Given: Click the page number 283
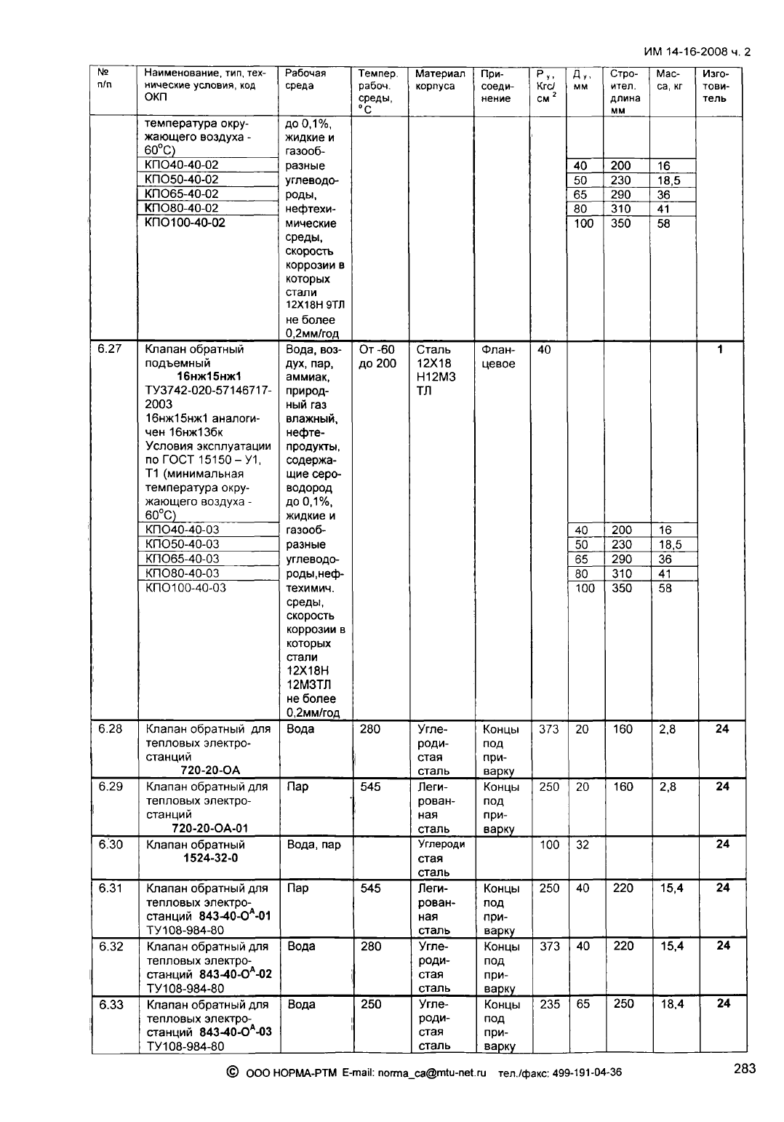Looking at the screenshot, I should click(x=744, y=1069).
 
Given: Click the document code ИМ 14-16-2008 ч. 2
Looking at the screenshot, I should click(x=697, y=52).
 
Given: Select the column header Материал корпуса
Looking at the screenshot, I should click(x=439, y=79).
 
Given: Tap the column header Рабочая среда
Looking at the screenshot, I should click(x=305, y=79).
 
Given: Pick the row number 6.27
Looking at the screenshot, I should click(x=110, y=349).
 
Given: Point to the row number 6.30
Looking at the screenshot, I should click(x=110, y=845).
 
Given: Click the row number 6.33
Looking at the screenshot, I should click(x=110, y=1005).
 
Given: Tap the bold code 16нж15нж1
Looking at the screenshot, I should click(x=209, y=377).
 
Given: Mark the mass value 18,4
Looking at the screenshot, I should click(x=667, y=1005).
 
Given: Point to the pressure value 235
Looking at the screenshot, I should click(x=549, y=1005).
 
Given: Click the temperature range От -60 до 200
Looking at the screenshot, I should click(x=377, y=357).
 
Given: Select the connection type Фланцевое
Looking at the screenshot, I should click(x=498, y=357).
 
